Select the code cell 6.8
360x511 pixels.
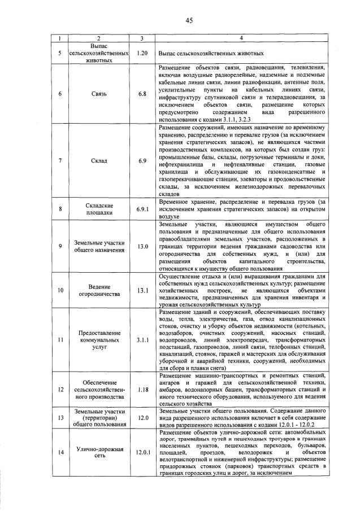(142, 94)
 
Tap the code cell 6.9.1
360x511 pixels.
(142, 209)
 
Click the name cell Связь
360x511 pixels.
(95, 94)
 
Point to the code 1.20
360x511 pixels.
(142, 53)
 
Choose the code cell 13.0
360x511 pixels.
(142, 247)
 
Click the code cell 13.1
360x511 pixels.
(142, 290)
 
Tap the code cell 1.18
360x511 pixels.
(142, 390)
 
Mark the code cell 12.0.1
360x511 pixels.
(142, 452)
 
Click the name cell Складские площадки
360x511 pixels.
(95, 209)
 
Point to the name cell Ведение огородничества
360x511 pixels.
(95, 290)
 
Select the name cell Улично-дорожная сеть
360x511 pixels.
(95, 452)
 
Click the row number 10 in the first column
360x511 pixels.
(59, 290)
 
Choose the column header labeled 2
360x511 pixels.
(95, 38)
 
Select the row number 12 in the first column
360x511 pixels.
(59, 390)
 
